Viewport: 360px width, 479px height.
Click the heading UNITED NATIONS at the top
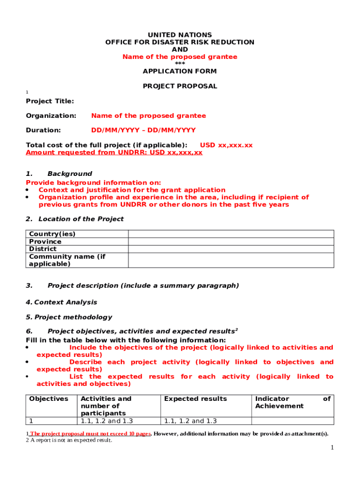180,35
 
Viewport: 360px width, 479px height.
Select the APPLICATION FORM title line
180,72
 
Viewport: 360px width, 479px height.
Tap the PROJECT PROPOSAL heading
180,86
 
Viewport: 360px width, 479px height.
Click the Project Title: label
50,102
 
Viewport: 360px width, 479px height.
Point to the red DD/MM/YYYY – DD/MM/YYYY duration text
143,130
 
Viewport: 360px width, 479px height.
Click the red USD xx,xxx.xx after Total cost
226,145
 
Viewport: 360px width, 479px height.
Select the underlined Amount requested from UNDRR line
114,152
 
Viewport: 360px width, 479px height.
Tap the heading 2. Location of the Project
75,219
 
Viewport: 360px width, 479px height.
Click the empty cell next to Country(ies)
231,234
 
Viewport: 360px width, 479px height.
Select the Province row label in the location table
45,241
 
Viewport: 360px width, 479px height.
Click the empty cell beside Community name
231,260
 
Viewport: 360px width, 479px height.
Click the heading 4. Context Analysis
61,302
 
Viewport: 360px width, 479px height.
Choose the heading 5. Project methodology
69,317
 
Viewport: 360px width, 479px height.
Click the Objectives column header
49,399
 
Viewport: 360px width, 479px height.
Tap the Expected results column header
195,399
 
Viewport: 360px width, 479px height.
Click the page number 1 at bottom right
332,448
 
